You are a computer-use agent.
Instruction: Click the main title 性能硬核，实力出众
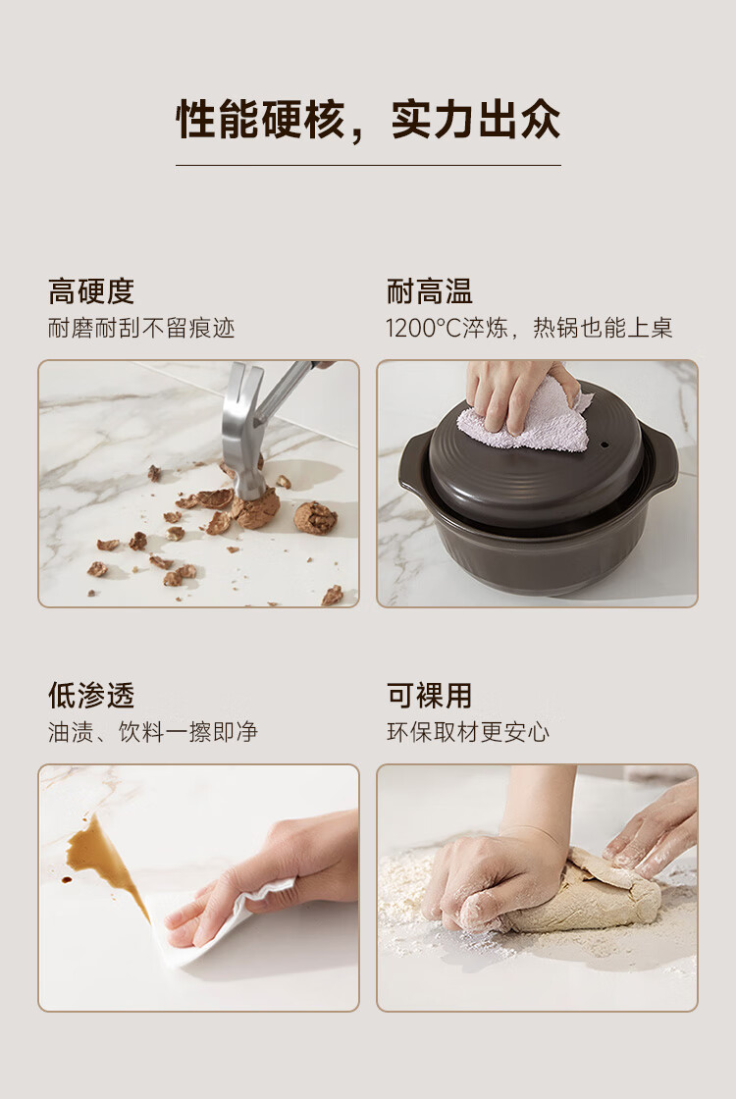[x=368, y=120]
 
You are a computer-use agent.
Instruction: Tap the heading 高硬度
[x=91, y=291]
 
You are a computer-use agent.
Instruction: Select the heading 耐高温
[x=430, y=291]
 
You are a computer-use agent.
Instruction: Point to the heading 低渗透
[x=91, y=696]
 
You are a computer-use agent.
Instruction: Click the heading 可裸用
[x=430, y=696]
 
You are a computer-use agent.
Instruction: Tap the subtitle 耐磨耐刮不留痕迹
[x=141, y=328]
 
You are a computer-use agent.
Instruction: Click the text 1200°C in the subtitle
[x=423, y=328]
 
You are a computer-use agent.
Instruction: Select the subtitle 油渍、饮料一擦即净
[x=153, y=732]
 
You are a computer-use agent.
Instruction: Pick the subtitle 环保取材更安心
[x=468, y=732]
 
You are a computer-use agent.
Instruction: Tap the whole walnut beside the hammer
[x=315, y=518]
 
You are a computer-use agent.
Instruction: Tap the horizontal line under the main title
[x=368, y=166]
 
